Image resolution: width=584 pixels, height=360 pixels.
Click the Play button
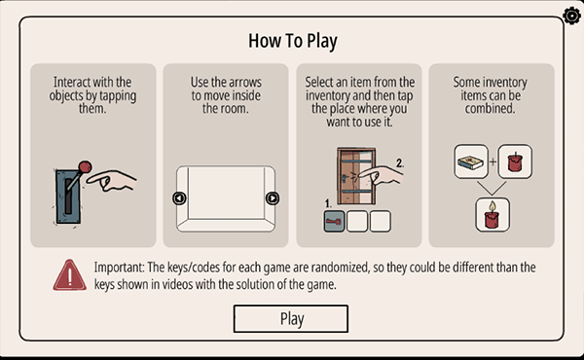click(x=291, y=319)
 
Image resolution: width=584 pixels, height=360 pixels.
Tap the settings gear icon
click(x=572, y=16)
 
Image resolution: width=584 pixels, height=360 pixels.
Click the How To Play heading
click(x=293, y=41)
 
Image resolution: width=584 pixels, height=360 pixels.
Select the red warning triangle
click(x=70, y=275)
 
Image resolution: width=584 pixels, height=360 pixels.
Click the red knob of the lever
click(x=85, y=166)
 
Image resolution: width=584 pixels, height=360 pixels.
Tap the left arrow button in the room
click(x=179, y=198)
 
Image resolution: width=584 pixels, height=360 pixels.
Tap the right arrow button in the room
click(x=273, y=198)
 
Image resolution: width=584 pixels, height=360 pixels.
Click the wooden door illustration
click(x=356, y=176)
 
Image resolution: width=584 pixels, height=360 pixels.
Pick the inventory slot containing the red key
click(x=334, y=222)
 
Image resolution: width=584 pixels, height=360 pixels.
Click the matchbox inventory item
click(x=471, y=162)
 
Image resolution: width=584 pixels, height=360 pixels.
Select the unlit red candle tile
click(x=515, y=162)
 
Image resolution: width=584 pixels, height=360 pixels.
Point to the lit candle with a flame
click(x=493, y=215)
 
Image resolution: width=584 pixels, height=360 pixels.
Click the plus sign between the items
click(x=493, y=162)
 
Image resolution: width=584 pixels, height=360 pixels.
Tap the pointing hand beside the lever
click(x=111, y=180)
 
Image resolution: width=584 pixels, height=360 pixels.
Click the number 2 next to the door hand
click(x=400, y=163)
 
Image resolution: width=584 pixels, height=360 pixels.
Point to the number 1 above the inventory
click(x=328, y=203)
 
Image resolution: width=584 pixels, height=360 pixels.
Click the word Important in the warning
click(x=119, y=268)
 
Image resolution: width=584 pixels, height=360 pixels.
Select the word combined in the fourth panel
click(x=490, y=109)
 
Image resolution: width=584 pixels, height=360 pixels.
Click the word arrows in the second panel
click(x=244, y=83)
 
